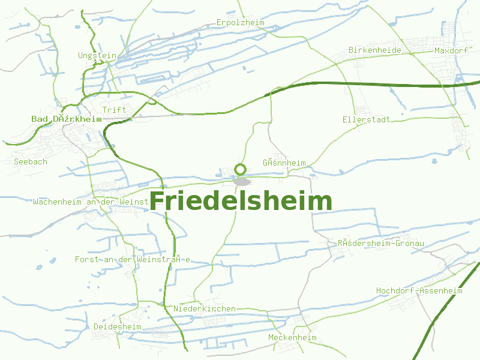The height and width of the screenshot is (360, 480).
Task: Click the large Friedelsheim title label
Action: pos(240,202)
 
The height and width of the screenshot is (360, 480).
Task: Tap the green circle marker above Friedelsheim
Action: pos(241,169)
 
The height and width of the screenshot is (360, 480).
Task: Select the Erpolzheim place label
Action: pos(241,23)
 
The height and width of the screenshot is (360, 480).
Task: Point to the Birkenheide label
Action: pos(374,50)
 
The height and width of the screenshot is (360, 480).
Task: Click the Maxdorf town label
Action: pos(451,51)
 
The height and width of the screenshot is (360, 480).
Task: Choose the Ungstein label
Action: pos(97,56)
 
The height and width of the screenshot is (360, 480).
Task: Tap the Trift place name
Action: pos(114,110)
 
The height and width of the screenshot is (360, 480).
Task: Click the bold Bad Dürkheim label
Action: pos(66,119)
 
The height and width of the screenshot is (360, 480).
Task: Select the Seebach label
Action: pos(30,161)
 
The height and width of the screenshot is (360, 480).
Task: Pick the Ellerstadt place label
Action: pos(366,119)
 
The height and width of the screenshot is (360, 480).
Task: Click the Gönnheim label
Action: pos(284,163)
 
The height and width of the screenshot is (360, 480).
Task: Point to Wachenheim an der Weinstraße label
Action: pos(91,202)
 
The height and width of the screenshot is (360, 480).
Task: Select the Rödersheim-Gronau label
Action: pos(380,244)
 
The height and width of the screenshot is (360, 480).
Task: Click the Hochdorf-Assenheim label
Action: pos(419,291)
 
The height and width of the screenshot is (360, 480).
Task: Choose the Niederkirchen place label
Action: pos(204,308)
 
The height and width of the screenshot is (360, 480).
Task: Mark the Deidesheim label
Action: pos(117,326)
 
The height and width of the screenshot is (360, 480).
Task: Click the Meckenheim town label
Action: pos(292,338)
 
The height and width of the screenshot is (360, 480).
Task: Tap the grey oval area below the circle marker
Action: pos(242,181)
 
